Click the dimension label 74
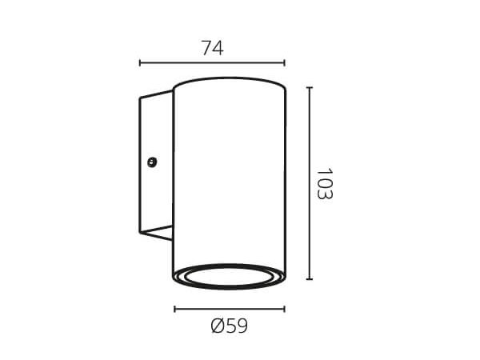(213, 48)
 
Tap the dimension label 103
(324, 184)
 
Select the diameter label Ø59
(230, 326)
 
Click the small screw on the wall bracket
(152, 162)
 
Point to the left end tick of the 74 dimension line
(140, 63)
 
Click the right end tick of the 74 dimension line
(285, 63)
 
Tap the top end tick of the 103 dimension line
(310, 87)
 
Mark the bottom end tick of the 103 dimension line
(310, 279)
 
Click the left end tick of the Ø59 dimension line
(174, 309)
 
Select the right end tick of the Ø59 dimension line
(285, 309)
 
